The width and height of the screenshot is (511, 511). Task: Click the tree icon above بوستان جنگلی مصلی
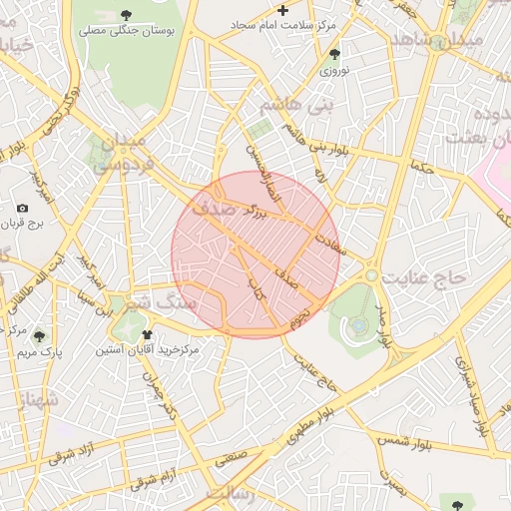(125, 14)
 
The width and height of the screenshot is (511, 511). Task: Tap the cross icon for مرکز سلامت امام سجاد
(282, 10)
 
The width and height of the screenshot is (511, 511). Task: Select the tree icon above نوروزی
(334, 55)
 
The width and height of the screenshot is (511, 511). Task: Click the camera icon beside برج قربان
(22, 209)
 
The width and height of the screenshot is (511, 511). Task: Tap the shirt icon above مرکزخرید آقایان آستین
(147, 335)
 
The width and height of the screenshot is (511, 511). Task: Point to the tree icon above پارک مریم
(39, 336)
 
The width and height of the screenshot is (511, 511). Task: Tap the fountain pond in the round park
(357, 323)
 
